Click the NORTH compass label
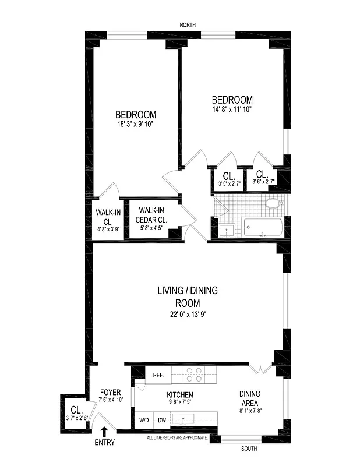click(x=188, y=24)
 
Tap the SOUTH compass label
click(x=249, y=449)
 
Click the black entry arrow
click(x=104, y=432)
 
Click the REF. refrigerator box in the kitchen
click(x=158, y=375)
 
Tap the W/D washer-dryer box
click(x=143, y=420)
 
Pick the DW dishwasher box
click(x=163, y=420)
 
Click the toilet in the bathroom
click(x=273, y=203)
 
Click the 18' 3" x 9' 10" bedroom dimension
click(x=135, y=124)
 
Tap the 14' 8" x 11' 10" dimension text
click(x=232, y=109)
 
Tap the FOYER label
click(x=110, y=392)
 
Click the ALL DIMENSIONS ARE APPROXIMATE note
click(x=177, y=436)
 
